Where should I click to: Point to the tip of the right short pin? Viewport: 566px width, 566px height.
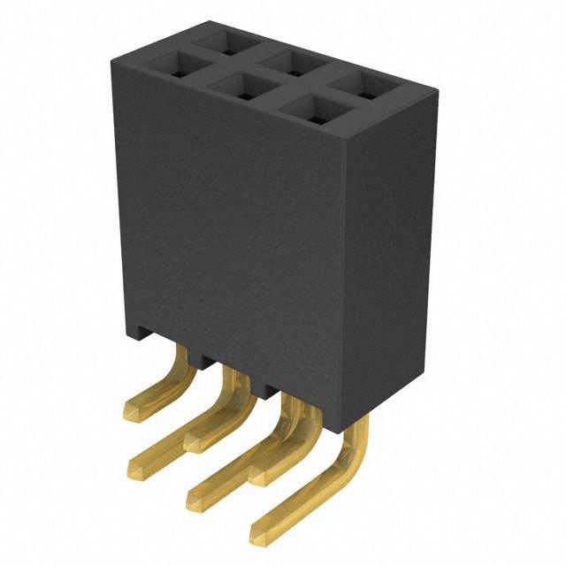point(255,476)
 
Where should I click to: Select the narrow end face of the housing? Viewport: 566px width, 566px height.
point(389,256)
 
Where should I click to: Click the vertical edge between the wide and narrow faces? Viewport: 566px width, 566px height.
point(343,265)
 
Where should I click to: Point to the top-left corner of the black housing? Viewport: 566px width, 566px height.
point(112,62)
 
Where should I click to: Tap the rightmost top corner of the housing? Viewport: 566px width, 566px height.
point(437,89)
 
